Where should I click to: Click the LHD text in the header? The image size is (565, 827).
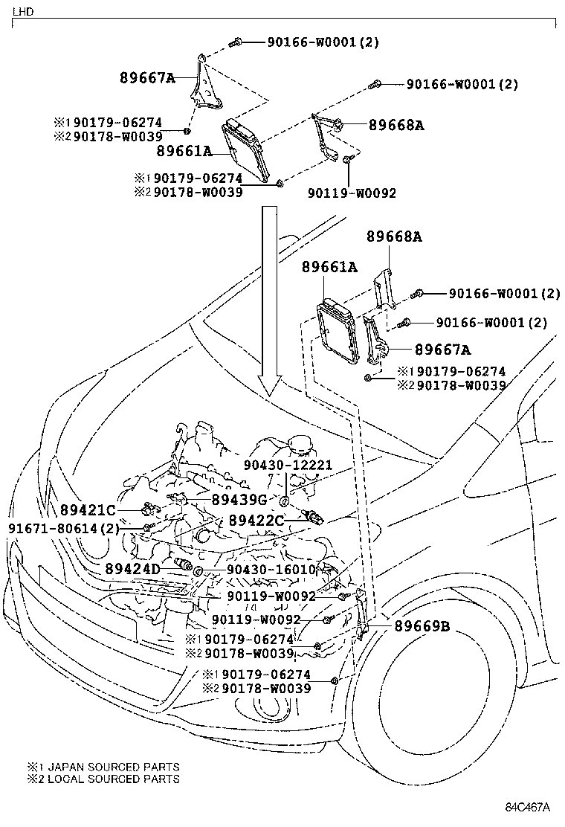[x=23, y=12]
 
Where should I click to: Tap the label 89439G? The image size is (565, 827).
[x=239, y=500]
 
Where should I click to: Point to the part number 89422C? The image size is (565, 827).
[x=256, y=521]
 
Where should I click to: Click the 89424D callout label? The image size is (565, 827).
[x=132, y=569]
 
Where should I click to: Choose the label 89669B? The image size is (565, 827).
[x=422, y=626]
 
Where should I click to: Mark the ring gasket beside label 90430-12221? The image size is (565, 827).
[x=285, y=497]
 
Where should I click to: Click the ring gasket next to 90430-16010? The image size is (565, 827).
[x=198, y=570]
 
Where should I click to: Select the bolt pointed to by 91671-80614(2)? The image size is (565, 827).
[x=149, y=527]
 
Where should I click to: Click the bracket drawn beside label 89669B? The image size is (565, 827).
[x=363, y=614]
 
